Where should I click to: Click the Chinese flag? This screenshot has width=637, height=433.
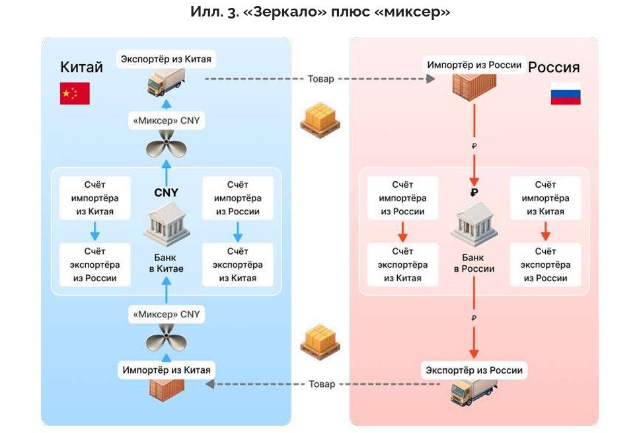point(75,94)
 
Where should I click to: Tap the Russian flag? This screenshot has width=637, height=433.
point(566,94)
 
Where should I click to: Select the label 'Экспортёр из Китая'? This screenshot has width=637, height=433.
point(166,59)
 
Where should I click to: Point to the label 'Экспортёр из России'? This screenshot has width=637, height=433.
point(474,370)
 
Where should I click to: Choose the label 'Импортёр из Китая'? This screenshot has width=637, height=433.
point(166,370)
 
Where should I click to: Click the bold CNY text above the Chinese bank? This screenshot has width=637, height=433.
point(167,193)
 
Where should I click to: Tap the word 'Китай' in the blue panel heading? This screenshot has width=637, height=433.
point(81,67)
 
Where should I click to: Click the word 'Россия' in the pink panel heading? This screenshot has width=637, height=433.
point(554,67)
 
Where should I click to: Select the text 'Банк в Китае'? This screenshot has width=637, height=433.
point(166,263)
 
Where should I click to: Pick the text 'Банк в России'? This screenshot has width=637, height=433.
point(474,263)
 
